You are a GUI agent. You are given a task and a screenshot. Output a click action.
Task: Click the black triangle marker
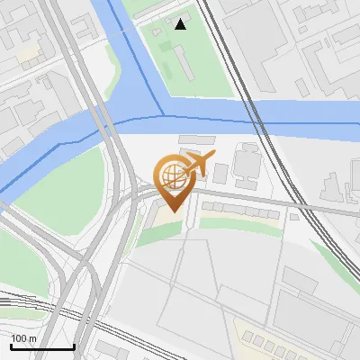[x=181, y=23]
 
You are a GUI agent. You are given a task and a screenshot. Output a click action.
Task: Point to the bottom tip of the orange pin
[x=172, y=211]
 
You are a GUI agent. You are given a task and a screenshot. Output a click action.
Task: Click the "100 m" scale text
[x=23, y=338]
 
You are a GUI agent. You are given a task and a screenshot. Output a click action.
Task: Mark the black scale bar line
[x=41, y=346]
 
